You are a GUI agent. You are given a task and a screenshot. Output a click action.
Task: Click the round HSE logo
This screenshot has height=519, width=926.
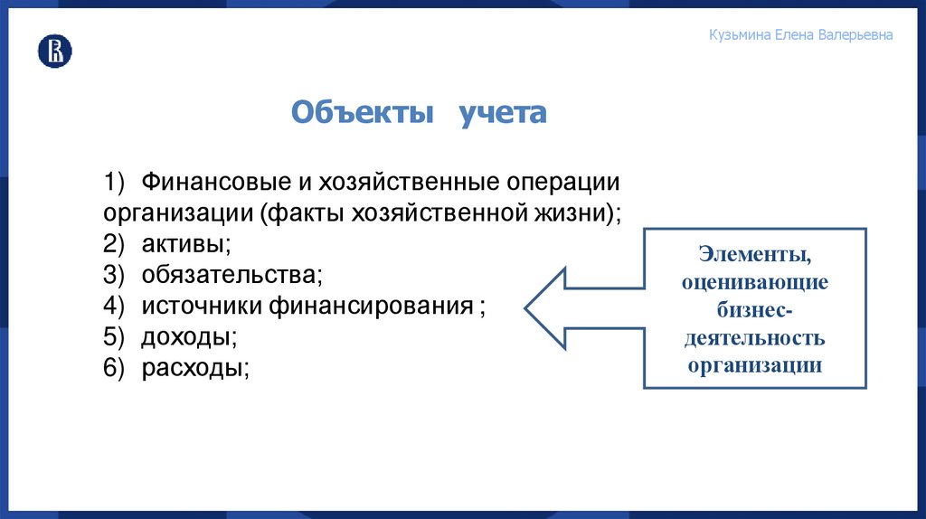[x=54, y=52]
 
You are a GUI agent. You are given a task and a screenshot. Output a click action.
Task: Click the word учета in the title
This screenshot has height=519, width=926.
[x=502, y=113]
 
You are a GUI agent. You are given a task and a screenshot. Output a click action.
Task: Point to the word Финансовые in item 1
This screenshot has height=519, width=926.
[x=212, y=182]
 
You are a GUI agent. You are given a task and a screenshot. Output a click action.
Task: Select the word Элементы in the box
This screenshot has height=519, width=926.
[x=754, y=256]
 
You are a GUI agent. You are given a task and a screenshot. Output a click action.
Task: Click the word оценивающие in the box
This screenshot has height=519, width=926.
[x=754, y=283]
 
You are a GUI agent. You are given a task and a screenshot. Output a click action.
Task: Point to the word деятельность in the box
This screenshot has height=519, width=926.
[x=754, y=338]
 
